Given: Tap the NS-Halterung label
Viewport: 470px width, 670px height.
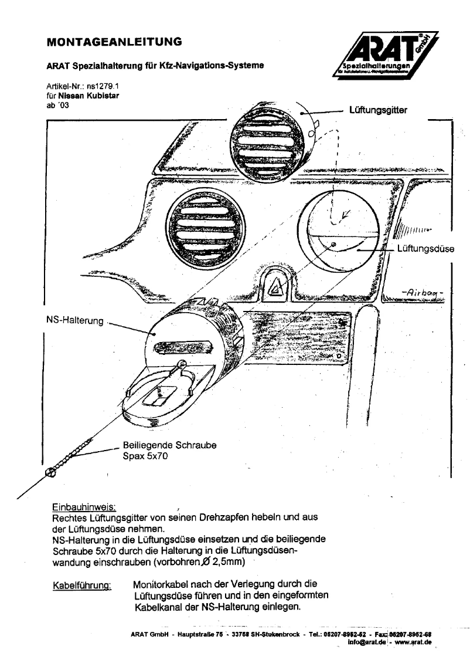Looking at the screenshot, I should pos(73,322).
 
